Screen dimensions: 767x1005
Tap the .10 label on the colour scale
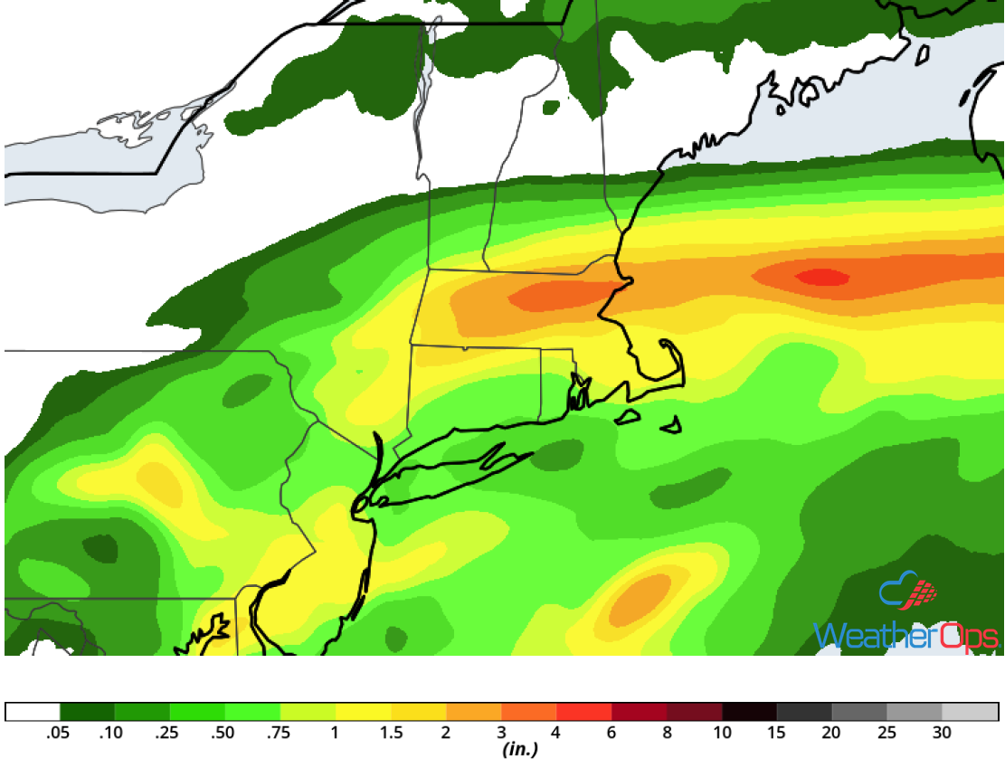pos(113,733)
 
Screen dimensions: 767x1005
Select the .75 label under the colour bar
pos(279,733)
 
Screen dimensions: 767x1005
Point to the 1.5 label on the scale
pos(391,733)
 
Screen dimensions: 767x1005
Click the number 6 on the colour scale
pos(612,733)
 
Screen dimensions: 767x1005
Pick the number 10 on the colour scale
pos(722,733)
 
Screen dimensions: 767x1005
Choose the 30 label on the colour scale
pos(943,733)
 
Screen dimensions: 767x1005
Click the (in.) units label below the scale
pos(520,750)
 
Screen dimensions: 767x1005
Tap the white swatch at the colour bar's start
pos(33,712)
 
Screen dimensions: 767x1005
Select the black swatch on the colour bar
pos(750,712)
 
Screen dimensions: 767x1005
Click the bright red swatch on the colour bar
pos(584,712)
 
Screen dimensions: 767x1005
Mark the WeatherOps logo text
pos(905,635)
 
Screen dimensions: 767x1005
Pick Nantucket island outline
pos(671,424)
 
